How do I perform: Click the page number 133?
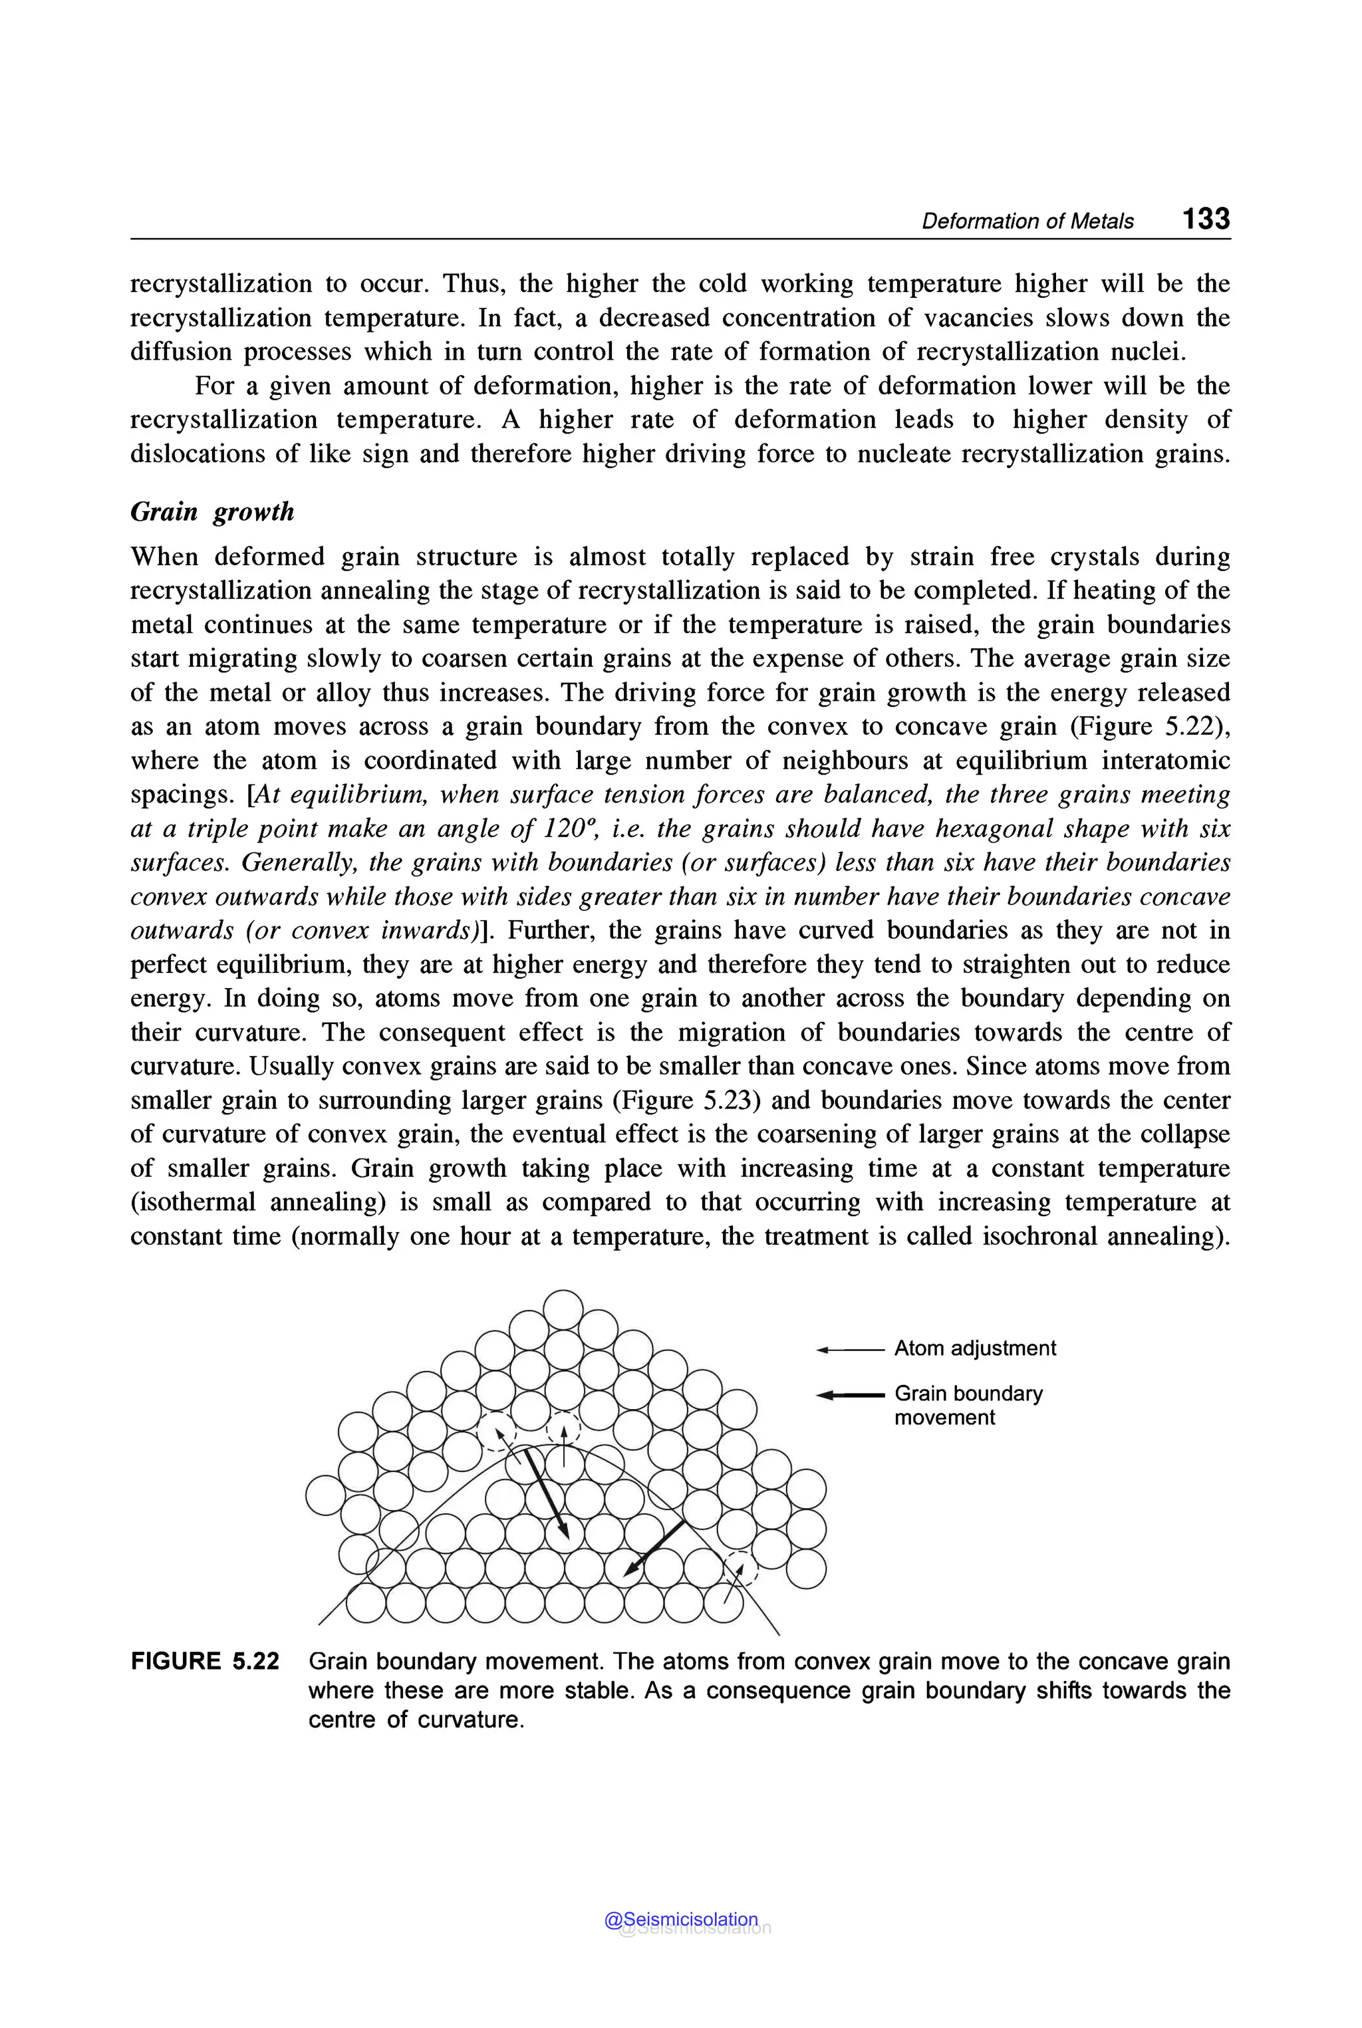coord(1205,219)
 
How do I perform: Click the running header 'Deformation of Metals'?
coord(1027,221)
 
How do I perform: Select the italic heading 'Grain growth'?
coord(212,511)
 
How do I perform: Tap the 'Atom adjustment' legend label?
coord(974,1348)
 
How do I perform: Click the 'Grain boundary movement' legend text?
coord(967,1405)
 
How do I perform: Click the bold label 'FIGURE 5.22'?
coord(205,1662)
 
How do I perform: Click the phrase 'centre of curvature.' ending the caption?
coord(416,1721)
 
